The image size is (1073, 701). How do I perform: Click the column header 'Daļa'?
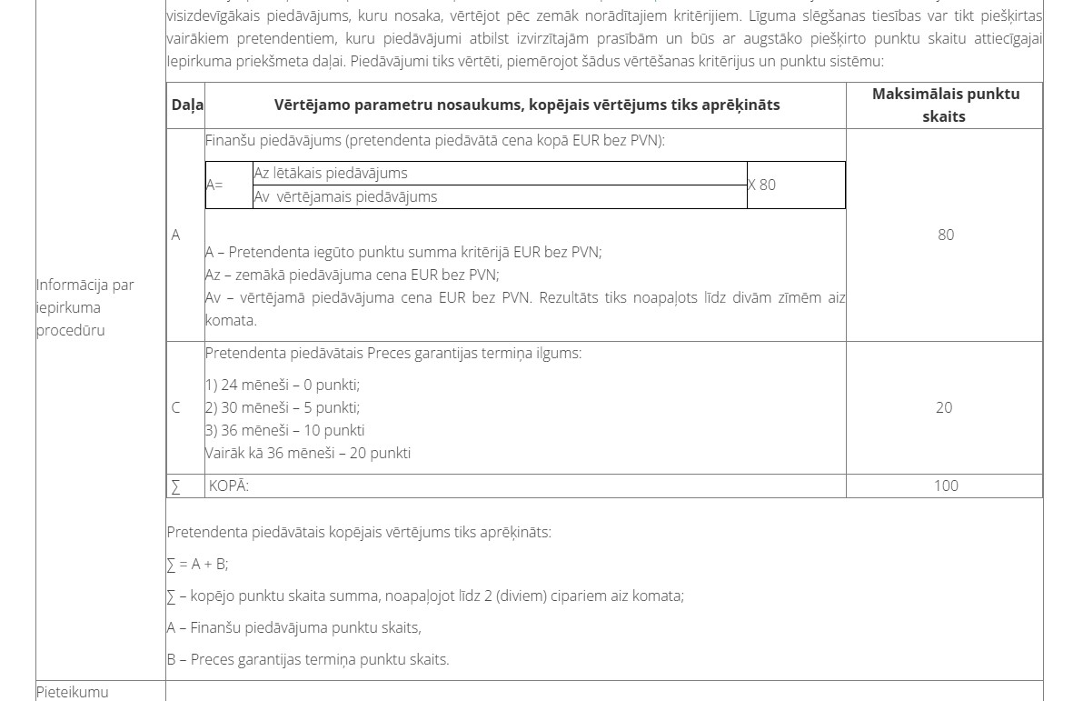[x=187, y=105]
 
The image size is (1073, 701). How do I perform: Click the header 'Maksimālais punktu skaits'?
[x=944, y=105]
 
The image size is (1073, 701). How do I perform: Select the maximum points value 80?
[x=946, y=235]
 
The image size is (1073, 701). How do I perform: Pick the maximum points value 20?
[x=944, y=407]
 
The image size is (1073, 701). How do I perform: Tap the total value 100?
[x=946, y=486]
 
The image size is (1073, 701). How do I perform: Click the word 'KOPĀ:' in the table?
[x=229, y=486]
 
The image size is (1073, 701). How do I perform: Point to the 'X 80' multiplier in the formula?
[x=761, y=185]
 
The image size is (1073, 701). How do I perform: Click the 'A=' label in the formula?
[x=214, y=185]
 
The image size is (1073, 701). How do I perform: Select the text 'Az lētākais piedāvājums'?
[x=331, y=173]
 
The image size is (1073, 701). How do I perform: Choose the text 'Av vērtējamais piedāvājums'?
[x=345, y=196]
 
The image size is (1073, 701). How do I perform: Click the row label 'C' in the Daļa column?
[x=176, y=407]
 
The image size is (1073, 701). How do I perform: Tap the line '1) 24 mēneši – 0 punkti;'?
[x=283, y=385]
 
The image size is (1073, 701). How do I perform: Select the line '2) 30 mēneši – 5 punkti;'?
[x=283, y=407]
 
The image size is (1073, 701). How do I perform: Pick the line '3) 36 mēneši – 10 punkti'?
[x=285, y=430]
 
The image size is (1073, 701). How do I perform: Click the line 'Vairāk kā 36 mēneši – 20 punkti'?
[x=308, y=453]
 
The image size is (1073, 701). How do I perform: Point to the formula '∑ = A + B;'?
[x=197, y=564]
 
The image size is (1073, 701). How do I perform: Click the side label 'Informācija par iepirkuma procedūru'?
[x=84, y=307]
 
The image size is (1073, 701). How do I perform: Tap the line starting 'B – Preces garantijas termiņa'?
[x=308, y=659]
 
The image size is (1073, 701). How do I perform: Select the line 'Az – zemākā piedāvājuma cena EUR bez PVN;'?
[x=353, y=275]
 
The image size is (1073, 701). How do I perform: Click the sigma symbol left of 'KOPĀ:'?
[x=175, y=486]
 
